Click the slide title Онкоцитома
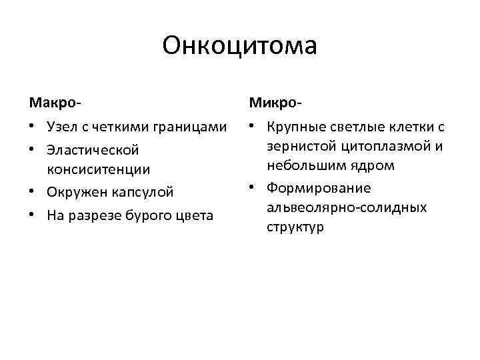pos(239,46)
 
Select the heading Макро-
pos(55,103)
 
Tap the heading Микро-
pos(275,103)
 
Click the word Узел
pos(61,127)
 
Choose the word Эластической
pos(93,149)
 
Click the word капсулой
pos(141,192)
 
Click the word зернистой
pos(297,146)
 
